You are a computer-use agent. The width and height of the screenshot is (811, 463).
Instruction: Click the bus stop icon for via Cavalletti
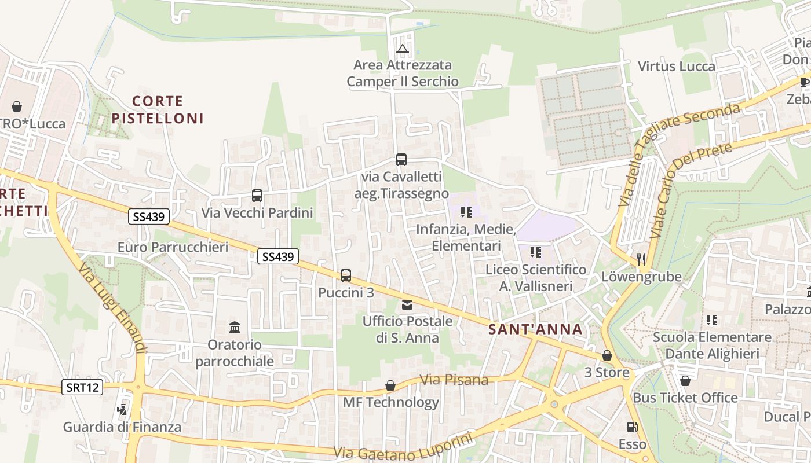401,160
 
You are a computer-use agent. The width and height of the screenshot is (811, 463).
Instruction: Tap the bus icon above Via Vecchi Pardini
257,196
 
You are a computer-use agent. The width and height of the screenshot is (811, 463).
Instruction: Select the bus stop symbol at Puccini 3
346,275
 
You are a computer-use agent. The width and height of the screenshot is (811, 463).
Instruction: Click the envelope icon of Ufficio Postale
407,304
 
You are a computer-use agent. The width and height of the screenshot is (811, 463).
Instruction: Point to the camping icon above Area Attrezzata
403,49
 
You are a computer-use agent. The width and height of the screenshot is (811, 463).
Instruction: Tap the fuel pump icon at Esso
632,428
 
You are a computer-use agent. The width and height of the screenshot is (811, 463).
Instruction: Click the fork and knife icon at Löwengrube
641,259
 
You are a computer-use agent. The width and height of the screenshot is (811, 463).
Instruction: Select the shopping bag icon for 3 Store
607,355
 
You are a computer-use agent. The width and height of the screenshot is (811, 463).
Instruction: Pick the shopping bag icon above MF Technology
391,385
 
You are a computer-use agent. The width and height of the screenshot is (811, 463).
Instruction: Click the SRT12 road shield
82,387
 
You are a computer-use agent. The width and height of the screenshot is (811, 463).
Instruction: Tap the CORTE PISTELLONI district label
158,110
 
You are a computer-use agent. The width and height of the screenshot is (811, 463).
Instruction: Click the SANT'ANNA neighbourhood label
535,329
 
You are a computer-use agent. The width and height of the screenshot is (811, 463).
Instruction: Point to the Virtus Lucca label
676,66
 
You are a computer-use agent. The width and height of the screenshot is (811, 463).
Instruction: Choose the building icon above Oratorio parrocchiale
235,328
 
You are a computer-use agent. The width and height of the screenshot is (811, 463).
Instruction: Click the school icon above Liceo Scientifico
536,252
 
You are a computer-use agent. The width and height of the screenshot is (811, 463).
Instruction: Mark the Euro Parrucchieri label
173,247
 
